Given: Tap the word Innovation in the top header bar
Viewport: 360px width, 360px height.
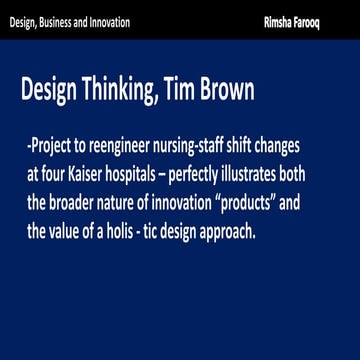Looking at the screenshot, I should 127,21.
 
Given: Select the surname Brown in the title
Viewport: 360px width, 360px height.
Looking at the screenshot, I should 227,92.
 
